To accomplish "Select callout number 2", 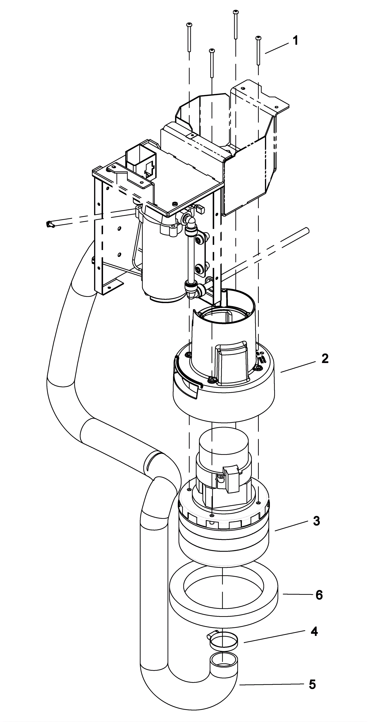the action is [x=325, y=359].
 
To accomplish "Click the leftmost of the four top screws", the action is [x=189, y=37].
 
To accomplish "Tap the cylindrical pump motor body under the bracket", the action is [x=160, y=265].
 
